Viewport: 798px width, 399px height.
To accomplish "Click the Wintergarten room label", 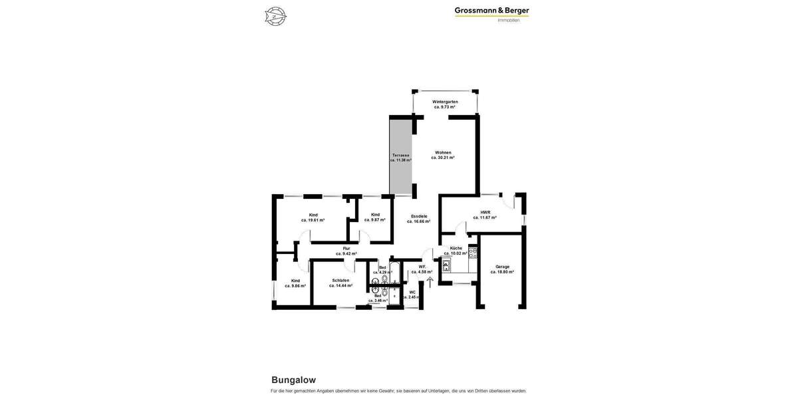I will [x=445, y=104].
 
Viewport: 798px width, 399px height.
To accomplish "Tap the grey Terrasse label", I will [x=400, y=158].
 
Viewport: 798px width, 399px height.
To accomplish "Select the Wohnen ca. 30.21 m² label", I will [x=443, y=155].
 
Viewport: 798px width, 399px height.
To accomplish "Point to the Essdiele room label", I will [x=419, y=219].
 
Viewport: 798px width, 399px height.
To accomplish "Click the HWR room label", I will [x=485, y=215].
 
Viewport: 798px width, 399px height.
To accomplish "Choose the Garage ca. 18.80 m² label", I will [x=502, y=269].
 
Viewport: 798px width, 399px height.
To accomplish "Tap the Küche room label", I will [x=456, y=251].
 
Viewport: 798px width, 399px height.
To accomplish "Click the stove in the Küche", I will [x=473, y=253].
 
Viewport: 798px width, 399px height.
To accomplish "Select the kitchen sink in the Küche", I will [x=446, y=265].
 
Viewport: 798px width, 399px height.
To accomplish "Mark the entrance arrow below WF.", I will [x=430, y=282].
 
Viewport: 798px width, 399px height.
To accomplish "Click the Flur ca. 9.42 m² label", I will [x=346, y=251].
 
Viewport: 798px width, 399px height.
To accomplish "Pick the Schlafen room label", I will [x=340, y=283].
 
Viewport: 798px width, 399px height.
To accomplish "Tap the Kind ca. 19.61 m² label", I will [x=313, y=217].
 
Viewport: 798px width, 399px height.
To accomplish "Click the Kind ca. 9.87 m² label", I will [x=375, y=217].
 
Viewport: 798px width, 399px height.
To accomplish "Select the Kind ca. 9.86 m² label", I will [x=295, y=283].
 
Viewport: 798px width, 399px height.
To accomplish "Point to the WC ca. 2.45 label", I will [x=412, y=295].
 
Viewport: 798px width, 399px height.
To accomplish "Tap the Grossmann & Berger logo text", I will [x=491, y=11].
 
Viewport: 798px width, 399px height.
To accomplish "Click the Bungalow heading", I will [x=293, y=380].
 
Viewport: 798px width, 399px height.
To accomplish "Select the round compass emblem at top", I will [x=275, y=16].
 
